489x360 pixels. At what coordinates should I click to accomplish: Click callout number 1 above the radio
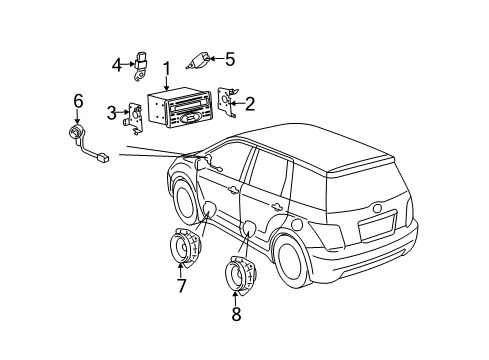pyautogui.click(x=167, y=69)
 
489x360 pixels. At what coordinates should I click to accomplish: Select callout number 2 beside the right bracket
pyautogui.click(x=250, y=102)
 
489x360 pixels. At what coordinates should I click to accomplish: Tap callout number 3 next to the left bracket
pyautogui.click(x=112, y=111)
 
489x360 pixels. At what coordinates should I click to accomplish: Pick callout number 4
pyautogui.click(x=117, y=66)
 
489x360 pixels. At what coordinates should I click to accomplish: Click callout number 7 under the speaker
pyautogui.click(x=180, y=287)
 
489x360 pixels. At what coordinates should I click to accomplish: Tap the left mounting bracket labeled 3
pyautogui.click(x=130, y=117)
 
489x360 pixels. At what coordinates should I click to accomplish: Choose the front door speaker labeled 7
pyautogui.click(x=181, y=249)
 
